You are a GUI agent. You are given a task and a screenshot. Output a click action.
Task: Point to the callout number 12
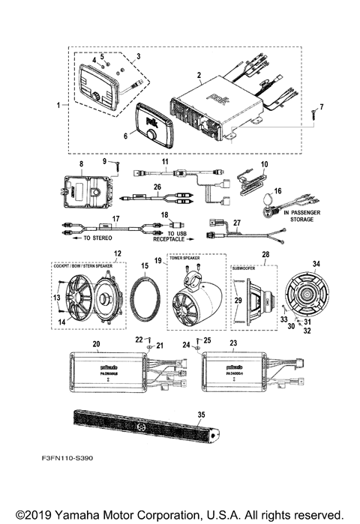point(116,254)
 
